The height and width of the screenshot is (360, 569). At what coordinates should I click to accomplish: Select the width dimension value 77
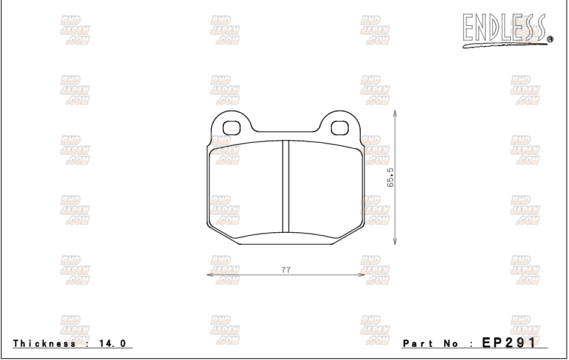pos(286,270)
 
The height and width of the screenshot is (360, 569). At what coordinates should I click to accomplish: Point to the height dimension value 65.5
pos(390,178)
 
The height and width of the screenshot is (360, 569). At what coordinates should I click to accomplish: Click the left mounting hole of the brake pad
pos(231,127)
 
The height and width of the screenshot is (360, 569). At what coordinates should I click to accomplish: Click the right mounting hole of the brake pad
pos(340,127)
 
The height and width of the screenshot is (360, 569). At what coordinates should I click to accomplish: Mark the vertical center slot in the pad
pos(286,186)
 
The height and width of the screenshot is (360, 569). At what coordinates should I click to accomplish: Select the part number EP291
pos(507,343)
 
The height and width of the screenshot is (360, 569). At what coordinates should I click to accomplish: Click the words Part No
pos(430,344)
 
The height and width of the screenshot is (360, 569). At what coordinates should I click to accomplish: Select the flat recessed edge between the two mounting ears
pos(286,131)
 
